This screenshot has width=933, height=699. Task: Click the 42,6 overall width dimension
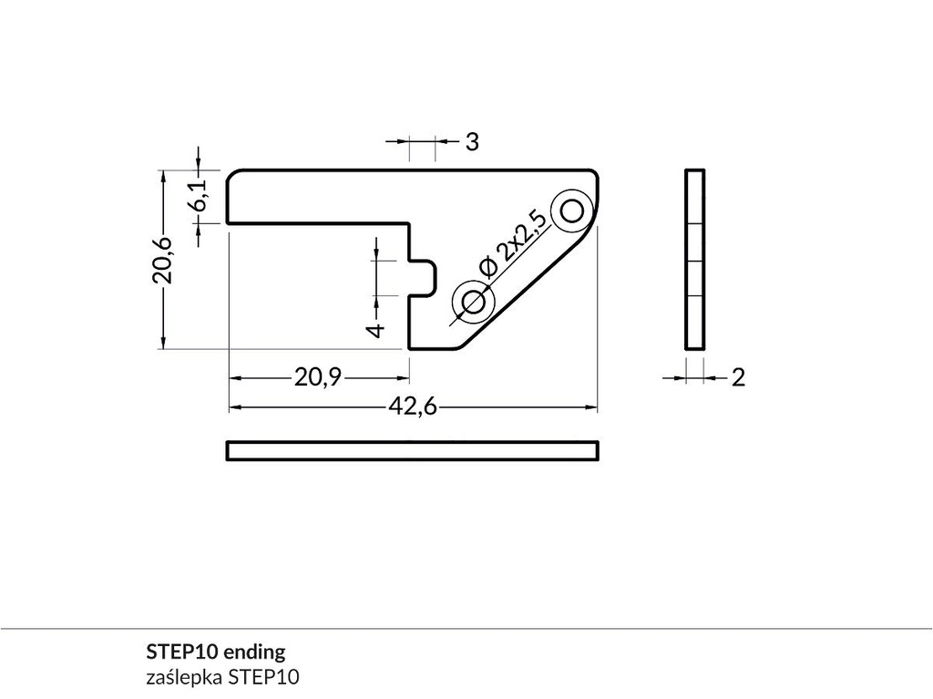pyautogui.click(x=413, y=407)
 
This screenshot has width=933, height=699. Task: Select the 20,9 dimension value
pyautogui.click(x=317, y=376)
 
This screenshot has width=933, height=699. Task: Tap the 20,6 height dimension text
pyautogui.click(x=162, y=260)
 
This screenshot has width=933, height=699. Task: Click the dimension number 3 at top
pyautogui.click(x=472, y=142)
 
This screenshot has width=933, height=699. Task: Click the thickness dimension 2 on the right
pyautogui.click(x=738, y=377)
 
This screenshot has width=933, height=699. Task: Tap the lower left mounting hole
pyautogui.click(x=473, y=302)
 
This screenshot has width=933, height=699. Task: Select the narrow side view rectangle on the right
pyautogui.click(x=694, y=260)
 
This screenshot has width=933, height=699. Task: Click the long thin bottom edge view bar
pyautogui.click(x=413, y=450)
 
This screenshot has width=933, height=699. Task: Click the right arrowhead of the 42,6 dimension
pyautogui.click(x=591, y=407)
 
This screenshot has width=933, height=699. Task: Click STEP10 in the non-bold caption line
pyautogui.click(x=264, y=677)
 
